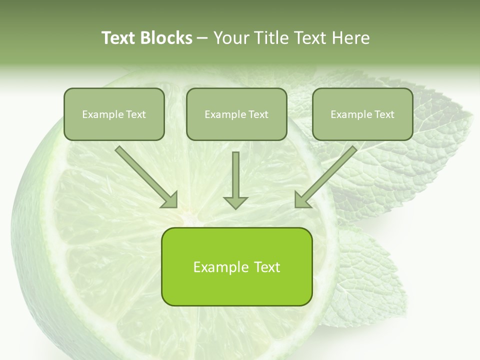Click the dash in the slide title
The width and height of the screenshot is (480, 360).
tap(202, 38)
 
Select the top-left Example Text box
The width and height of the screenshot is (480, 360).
tap(114, 114)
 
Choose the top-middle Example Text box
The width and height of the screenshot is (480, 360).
tap(236, 114)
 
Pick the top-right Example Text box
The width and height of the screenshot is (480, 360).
tap(362, 114)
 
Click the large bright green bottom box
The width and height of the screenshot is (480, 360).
tap(236, 266)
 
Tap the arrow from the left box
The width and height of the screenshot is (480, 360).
tap(145, 175)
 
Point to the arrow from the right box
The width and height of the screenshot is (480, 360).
tap(327, 175)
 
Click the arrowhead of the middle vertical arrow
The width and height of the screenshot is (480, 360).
tap(235, 201)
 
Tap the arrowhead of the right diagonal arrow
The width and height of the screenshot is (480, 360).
tap(301, 200)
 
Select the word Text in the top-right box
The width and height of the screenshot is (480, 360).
tap(384, 114)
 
